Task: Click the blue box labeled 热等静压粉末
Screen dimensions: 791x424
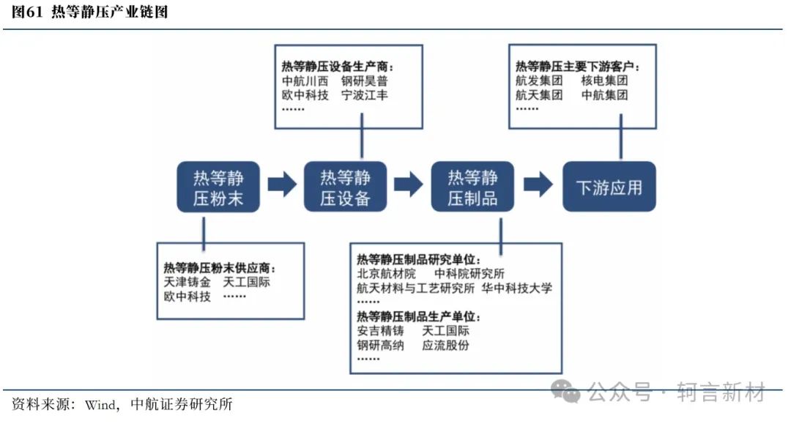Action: coord(218,187)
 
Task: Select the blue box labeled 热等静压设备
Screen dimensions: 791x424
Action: coord(345,187)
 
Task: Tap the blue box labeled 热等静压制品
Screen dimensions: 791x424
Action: coord(472,187)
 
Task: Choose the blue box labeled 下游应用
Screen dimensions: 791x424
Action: coord(609,187)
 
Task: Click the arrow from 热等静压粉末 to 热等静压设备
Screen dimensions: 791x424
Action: coord(282,185)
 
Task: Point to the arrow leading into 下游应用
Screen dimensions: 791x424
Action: coord(538,185)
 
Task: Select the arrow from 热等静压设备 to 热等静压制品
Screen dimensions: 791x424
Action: coord(409,185)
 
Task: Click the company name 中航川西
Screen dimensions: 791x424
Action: coord(305,81)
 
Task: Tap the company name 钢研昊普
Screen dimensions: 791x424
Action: coord(364,81)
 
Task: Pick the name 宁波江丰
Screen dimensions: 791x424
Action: coord(364,94)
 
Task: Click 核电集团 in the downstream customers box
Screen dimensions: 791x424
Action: coord(604,80)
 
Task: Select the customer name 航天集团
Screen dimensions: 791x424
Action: coord(539,94)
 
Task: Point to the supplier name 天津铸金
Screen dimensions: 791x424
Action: coord(187,282)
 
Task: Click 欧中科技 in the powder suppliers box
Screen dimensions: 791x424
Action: coord(187,297)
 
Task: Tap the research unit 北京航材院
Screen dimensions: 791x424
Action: coord(387,274)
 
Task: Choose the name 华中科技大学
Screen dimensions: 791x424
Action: coord(516,288)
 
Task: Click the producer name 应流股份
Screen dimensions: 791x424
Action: coord(445,346)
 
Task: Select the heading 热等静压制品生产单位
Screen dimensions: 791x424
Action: coord(419,316)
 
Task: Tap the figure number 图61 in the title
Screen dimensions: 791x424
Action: coord(27,12)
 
